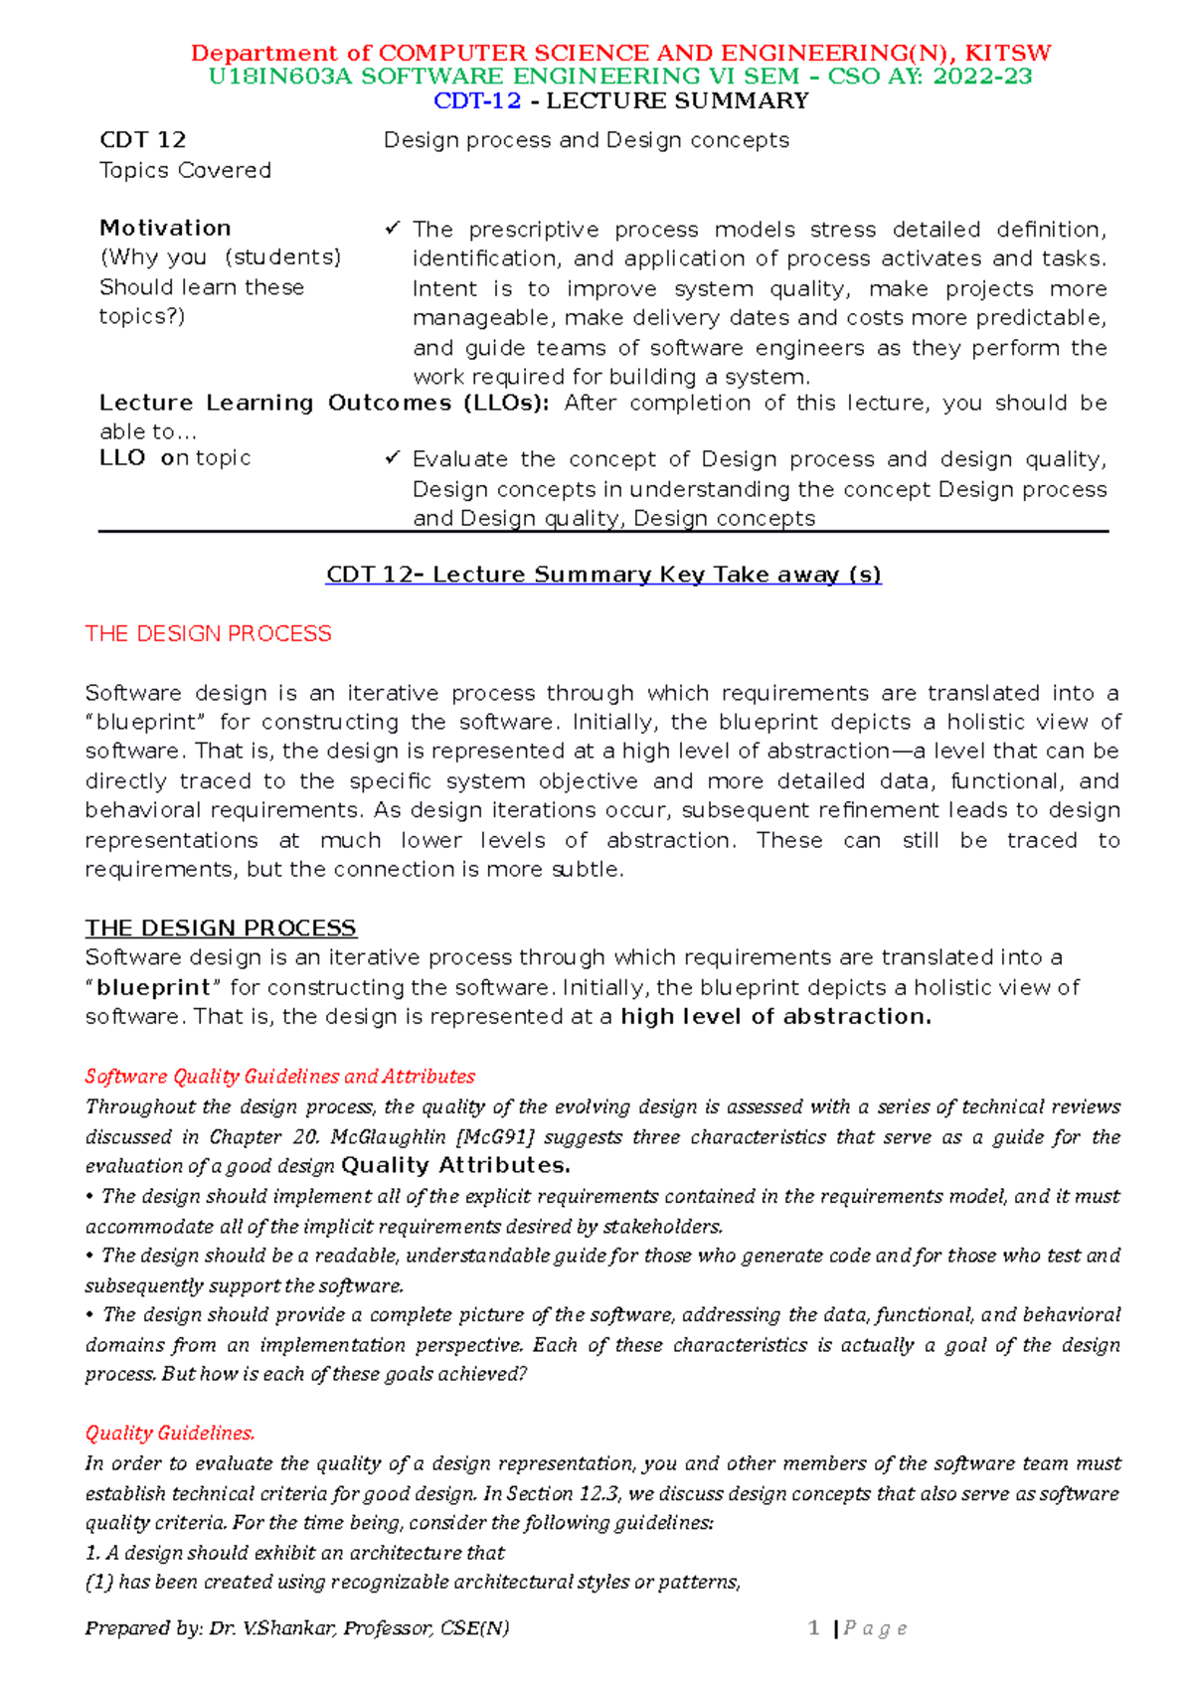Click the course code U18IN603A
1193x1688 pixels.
(280, 77)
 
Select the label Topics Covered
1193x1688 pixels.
(185, 170)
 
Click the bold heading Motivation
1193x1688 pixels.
(165, 228)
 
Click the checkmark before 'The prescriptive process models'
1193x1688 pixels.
(392, 229)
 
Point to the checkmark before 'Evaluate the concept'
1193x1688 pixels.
(392, 458)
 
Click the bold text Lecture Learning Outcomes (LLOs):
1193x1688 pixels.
(323, 403)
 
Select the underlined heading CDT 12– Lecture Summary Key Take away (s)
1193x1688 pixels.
(603, 575)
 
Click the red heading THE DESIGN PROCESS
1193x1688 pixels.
(208, 633)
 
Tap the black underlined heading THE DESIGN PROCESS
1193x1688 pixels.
(220, 928)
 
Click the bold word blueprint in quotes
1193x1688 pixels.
(153, 987)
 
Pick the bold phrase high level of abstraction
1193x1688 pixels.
(775, 1016)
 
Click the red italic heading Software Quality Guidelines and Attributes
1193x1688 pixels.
(279, 1076)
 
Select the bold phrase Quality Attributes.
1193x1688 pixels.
(455, 1165)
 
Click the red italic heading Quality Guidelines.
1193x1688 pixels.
(170, 1433)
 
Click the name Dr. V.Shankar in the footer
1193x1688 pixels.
(271, 1627)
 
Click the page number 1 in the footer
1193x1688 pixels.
(813, 1627)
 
